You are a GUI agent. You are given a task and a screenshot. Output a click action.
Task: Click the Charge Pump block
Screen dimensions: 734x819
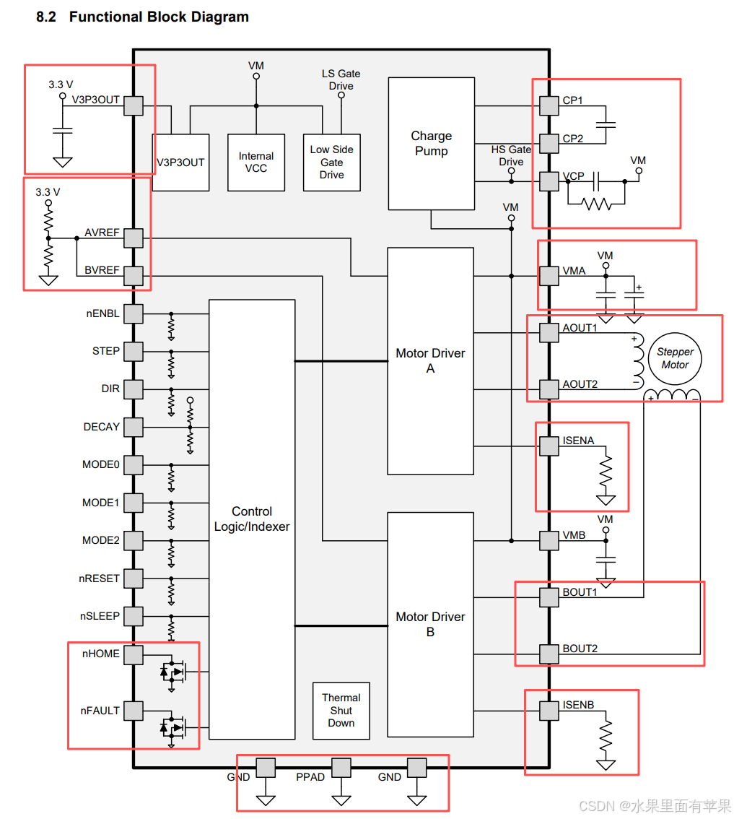pos(431,144)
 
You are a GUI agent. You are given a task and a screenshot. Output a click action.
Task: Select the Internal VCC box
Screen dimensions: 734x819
pos(255,162)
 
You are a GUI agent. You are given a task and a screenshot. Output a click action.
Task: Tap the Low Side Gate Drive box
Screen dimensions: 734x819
pos(331,162)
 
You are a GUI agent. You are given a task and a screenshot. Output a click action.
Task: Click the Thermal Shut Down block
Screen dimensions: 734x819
pos(341,711)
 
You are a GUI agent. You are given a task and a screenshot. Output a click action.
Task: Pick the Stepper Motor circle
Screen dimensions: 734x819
pos(675,359)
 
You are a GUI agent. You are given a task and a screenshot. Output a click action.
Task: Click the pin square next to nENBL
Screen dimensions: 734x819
pos(134,314)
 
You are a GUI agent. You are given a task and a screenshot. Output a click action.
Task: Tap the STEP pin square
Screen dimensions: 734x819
pos(134,352)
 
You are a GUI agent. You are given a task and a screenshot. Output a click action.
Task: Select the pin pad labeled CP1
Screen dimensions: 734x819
pos(549,105)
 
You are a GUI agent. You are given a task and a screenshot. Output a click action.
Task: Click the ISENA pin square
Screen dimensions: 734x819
pos(549,446)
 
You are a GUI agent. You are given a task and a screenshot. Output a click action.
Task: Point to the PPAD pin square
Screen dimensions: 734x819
pos(341,768)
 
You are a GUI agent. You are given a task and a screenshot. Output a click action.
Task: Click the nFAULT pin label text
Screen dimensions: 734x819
pos(100,711)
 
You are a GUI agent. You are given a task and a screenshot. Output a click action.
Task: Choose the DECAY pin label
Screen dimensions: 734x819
pos(101,427)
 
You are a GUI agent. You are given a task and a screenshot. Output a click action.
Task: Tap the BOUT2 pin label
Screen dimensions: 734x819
pos(580,649)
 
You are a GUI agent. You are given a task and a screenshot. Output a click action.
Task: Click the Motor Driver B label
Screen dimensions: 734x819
pos(430,624)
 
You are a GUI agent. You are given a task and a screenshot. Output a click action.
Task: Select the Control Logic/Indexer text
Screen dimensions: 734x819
pos(252,519)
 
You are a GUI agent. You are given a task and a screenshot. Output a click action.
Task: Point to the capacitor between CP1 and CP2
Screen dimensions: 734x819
pos(606,125)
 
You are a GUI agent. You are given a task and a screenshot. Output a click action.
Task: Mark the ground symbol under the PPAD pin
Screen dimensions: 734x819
pos(341,800)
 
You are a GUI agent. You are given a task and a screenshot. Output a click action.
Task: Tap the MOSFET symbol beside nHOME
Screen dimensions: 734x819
pos(172,672)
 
